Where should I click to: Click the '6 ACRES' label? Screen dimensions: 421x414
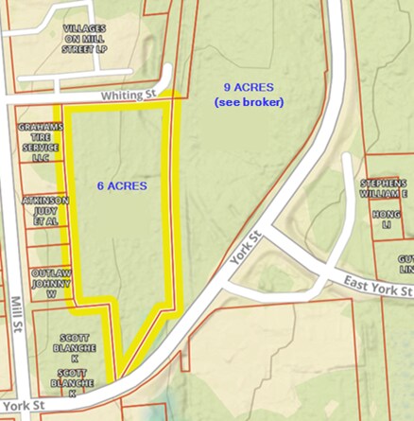point(123,186)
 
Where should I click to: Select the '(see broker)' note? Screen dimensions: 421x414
point(249,102)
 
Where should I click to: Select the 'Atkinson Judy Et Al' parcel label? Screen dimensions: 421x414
point(46,210)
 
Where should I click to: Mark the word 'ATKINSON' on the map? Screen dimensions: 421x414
point(46,199)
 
